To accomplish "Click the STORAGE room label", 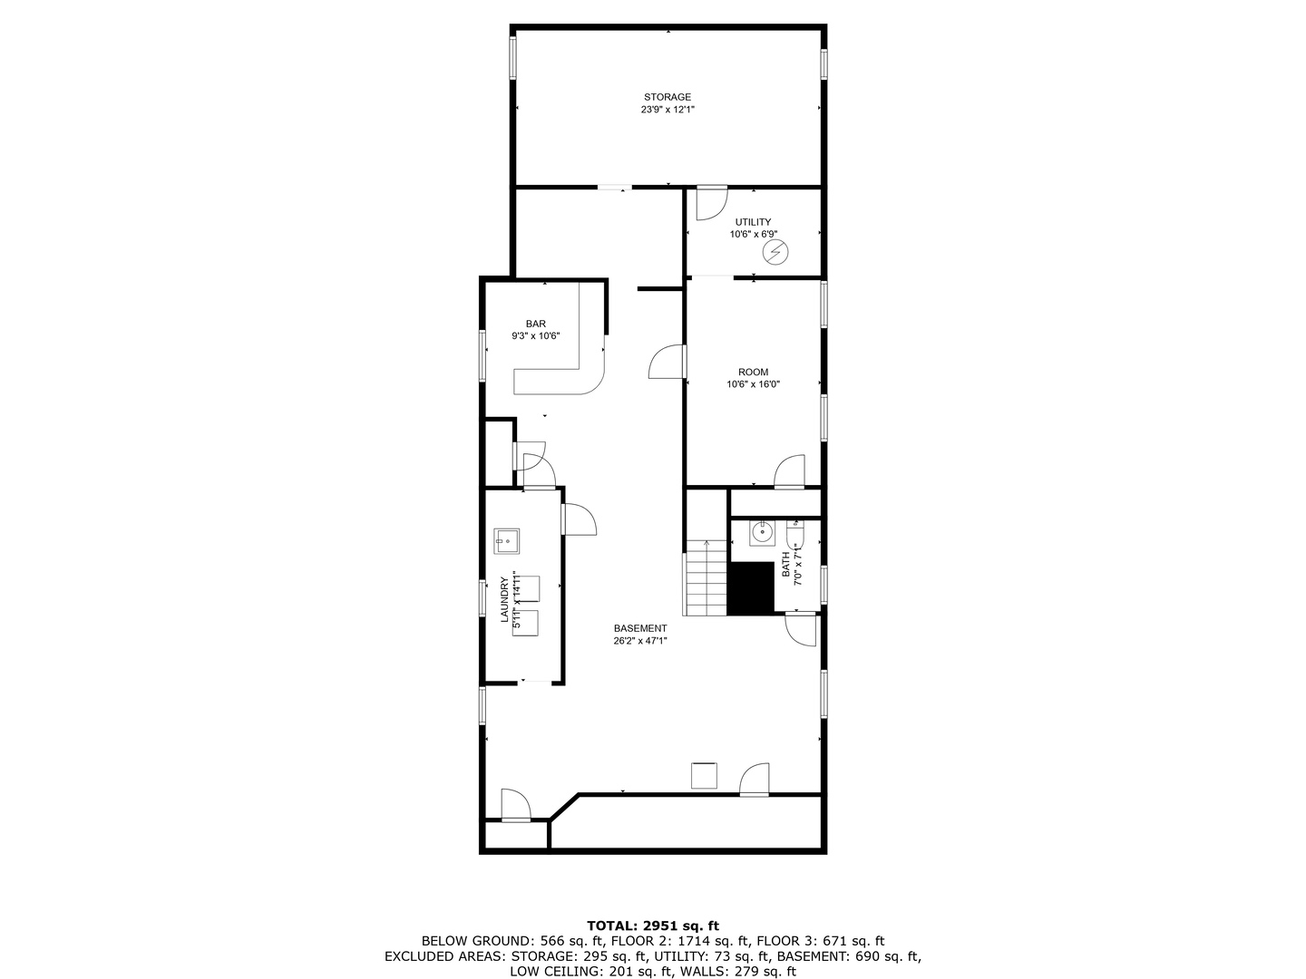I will pos(668,97).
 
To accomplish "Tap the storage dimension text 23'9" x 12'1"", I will pos(668,110).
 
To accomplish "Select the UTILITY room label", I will pos(753,222).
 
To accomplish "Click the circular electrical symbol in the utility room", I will pos(774,251).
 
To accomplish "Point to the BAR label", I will pos(535,324).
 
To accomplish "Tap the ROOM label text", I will pos(753,372).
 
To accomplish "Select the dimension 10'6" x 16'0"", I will pos(753,384).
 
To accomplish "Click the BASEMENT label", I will pos(640,628).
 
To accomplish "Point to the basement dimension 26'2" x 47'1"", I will pos(640,641).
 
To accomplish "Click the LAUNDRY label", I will pos(505,600).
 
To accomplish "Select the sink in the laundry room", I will pos(506,541).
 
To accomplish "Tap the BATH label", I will pos(786,564).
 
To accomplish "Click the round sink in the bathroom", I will pos(760,533).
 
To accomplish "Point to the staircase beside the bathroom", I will pos(706,578).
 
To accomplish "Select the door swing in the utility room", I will pos(710,204).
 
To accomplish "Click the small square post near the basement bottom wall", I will pos(704,776).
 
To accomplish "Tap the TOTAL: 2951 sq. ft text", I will pos(653,926).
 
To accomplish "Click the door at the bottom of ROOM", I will pos(789,471).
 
